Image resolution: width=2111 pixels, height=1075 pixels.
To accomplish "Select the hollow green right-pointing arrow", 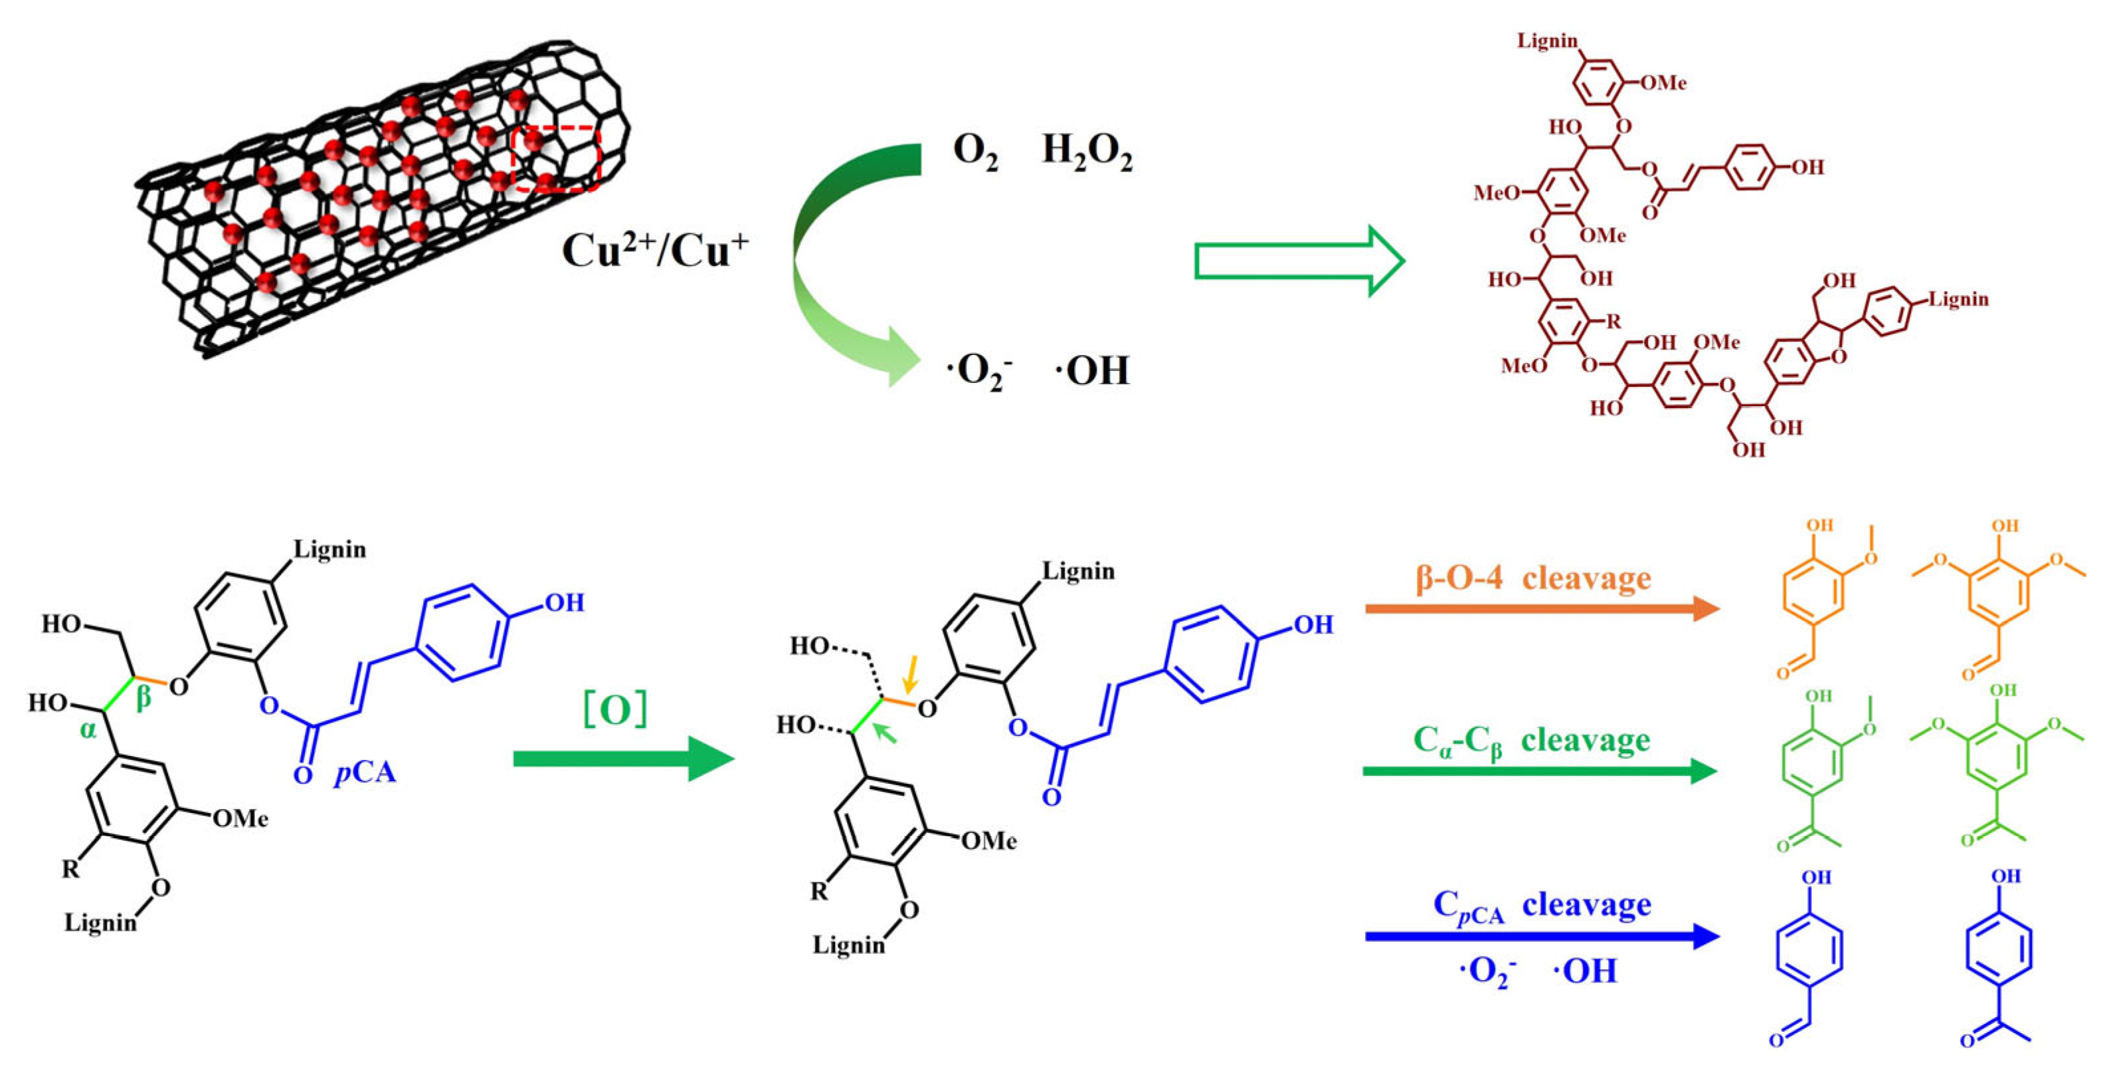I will tap(1299, 261).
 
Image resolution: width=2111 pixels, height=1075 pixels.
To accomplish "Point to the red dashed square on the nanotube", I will tap(557, 159).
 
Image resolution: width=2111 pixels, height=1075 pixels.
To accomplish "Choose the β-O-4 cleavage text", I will tap(1532, 578).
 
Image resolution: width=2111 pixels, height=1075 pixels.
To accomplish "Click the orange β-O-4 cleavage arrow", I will tap(1540, 608).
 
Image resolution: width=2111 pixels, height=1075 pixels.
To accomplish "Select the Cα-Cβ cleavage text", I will tap(1531, 741).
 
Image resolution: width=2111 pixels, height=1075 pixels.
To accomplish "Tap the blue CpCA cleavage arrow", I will tap(1540, 935).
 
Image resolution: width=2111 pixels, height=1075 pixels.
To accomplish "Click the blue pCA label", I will tap(365, 773).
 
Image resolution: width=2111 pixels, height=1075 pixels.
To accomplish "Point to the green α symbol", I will tap(88, 729).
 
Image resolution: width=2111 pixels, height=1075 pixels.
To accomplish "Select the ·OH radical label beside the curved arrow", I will tap(1091, 371).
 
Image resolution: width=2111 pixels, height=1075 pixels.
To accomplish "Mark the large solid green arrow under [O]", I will tap(623, 759).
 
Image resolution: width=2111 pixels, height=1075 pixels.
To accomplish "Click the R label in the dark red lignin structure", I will tap(1613, 320).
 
